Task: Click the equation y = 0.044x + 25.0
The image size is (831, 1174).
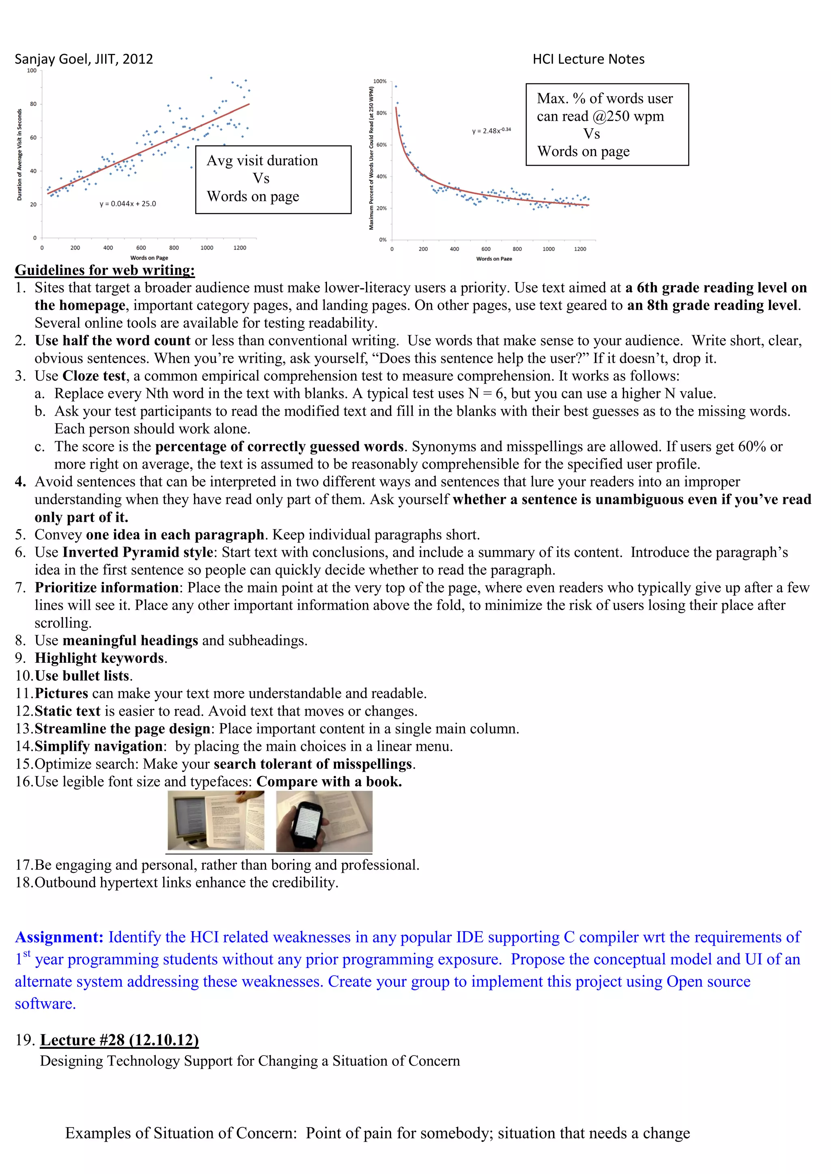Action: [127, 204]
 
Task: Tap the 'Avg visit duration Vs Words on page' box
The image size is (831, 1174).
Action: [273, 179]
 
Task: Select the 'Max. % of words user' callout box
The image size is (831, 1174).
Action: [607, 124]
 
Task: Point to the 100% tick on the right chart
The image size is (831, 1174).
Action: [380, 81]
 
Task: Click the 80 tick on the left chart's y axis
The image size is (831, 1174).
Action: [33, 104]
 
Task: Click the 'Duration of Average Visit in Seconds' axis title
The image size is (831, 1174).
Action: [19, 154]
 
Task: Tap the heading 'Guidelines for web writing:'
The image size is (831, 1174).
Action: [105, 270]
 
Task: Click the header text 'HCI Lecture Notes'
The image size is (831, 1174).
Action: [588, 59]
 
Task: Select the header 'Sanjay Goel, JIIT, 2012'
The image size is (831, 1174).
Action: [84, 59]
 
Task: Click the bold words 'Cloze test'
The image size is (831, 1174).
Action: [94, 376]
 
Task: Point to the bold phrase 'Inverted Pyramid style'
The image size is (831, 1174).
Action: [138, 552]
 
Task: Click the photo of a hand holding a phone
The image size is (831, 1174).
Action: [324, 821]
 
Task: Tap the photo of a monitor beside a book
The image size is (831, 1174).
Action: [216, 821]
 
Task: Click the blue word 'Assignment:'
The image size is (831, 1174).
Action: [59, 937]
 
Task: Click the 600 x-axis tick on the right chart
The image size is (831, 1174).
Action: [486, 249]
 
